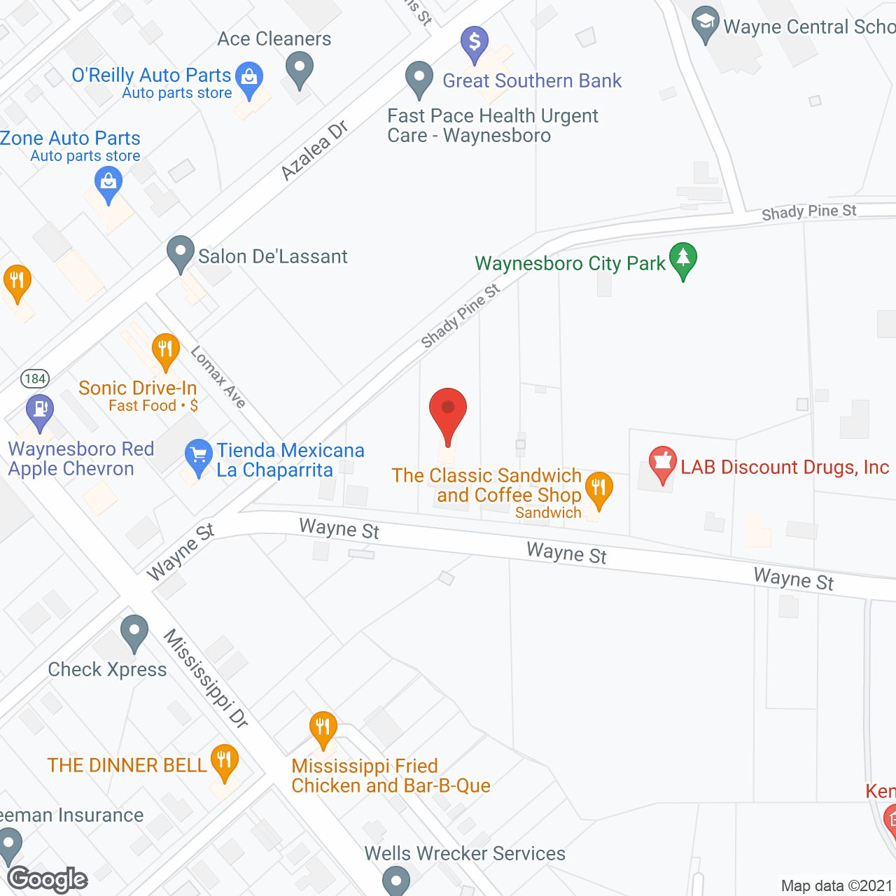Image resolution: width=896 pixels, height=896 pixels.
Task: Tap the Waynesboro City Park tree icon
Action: [x=683, y=260]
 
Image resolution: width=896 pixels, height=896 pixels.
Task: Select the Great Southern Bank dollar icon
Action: [x=475, y=43]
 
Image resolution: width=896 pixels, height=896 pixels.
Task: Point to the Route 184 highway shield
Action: [x=35, y=379]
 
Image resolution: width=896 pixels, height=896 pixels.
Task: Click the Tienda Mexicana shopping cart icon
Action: [x=199, y=456]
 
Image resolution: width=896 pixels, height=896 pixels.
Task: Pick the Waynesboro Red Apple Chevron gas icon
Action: [x=40, y=411]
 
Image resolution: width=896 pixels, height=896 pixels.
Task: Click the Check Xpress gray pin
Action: [x=134, y=632]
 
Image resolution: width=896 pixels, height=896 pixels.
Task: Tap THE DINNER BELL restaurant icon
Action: [x=224, y=762]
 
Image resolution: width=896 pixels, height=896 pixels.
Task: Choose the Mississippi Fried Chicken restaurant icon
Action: [x=323, y=729]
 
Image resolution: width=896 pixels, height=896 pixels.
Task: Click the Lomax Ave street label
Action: [x=218, y=377]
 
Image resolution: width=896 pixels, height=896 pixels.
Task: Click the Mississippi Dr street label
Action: [x=206, y=678]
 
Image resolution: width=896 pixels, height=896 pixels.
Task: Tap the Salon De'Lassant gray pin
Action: [x=181, y=253]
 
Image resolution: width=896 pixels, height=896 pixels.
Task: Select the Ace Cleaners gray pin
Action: [x=300, y=71]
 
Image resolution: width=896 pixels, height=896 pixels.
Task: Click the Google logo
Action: [x=48, y=879]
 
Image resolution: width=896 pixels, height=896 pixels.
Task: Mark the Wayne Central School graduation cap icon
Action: [x=706, y=24]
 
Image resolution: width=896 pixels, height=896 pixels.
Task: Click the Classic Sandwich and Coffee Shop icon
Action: [x=598, y=488]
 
